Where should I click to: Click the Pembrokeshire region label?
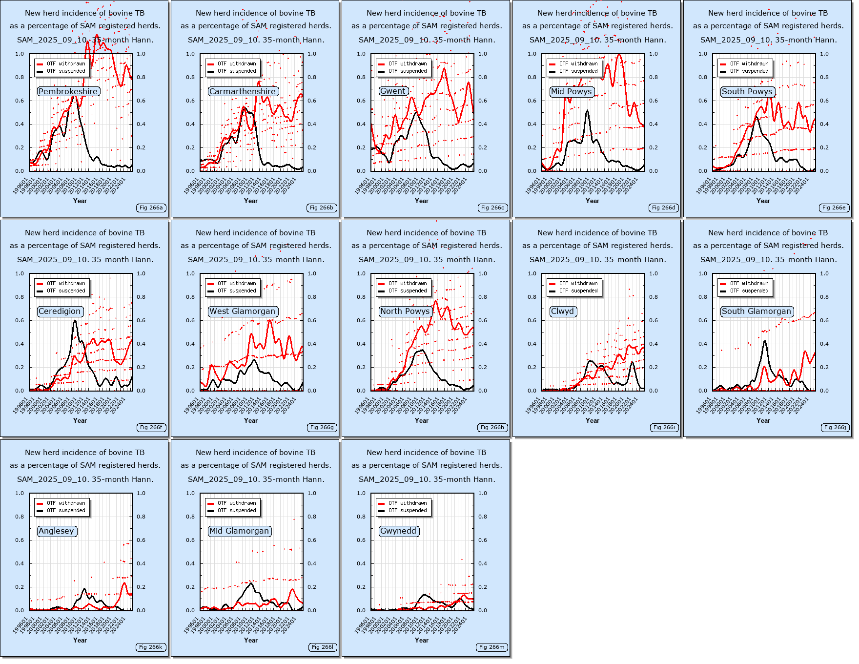pyautogui.click(x=68, y=91)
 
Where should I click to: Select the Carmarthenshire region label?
pyautogui.click(x=243, y=91)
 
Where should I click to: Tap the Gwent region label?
pyautogui.click(x=393, y=91)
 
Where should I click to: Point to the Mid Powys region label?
pyautogui.click(x=572, y=91)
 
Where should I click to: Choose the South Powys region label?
pyautogui.click(x=747, y=91)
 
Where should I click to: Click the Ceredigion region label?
pyautogui.click(x=60, y=311)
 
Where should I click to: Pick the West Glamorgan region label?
pyautogui.click(x=243, y=311)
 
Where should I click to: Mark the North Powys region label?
pyautogui.click(x=405, y=311)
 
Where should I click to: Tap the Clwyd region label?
pyautogui.click(x=563, y=311)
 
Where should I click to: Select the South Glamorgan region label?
pyautogui.click(x=757, y=311)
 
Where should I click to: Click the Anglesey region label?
pyautogui.click(x=57, y=531)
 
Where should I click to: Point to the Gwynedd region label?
pyautogui.click(x=399, y=531)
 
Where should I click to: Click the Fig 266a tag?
pyautogui.click(x=151, y=207)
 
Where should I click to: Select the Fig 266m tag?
pyautogui.click(x=492, y=647)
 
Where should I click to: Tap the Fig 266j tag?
pyautogui.click(x=835, y=427)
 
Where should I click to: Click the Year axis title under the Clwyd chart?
pyautogui.click(x=593, y=420)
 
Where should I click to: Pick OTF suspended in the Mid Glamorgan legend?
pyautogui.click(x=236, y=510)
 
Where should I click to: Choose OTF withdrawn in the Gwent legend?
pyautogui.click(x=407, y=63)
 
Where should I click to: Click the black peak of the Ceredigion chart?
pyautogui.click(x=75, y=321)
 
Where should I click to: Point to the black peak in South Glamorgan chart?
pyautogui.click(x=765, y=341)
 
